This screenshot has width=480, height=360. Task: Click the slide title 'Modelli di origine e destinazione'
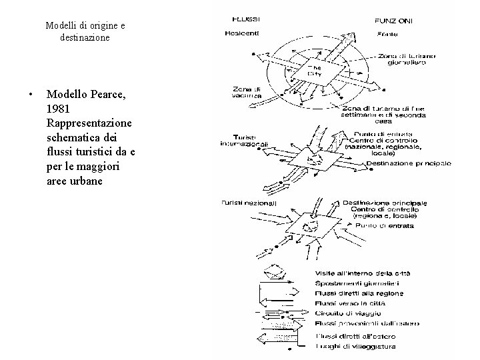[85, 31]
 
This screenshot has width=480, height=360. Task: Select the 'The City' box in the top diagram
[315, 71]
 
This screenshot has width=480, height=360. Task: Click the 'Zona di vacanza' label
[246, 93]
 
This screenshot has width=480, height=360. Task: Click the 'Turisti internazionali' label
[245, 141]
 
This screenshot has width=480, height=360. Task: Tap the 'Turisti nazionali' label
[249, 203]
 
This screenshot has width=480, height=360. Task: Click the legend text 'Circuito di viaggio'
[347, 313]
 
